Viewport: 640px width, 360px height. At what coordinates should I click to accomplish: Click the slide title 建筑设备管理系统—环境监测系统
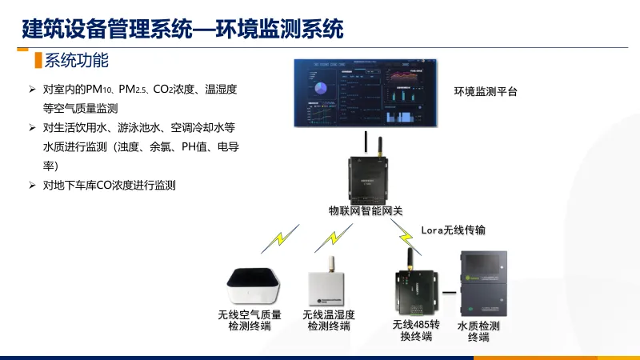pyautogui.click(x=182, y=30)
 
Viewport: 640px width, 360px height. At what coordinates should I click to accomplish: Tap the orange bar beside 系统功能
pyautogui.click(x=37, y=60)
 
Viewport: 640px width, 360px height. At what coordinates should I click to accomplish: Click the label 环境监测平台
pyautogui.click(x=486, y=92)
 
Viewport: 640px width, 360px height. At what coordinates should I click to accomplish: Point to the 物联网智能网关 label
pyautogui.click(x=365, y=211)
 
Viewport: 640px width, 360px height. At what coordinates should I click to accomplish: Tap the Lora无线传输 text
pyautogui.click(x=453, y=230)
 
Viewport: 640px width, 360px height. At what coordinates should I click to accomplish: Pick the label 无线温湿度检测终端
pyautogui.click(x=329, y=320)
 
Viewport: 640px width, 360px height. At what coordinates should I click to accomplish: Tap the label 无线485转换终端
pyautogui.click(x=416, y=330)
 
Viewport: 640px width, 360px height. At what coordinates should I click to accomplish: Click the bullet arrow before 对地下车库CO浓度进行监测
pyautogui.click(x=33, y=186)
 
